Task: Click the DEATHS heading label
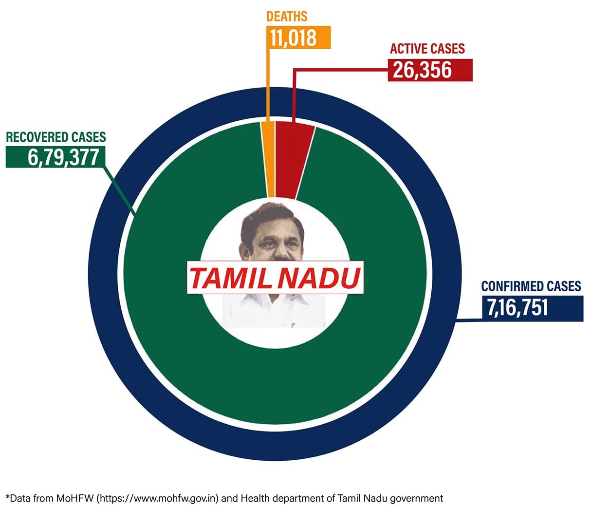point(287,16)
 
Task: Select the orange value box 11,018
point(298,38)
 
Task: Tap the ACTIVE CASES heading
point(427,49)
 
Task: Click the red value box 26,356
point(429,70)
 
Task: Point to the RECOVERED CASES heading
point(55,137)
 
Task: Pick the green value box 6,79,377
point(55,157)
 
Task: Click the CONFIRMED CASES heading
point(531,285)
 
